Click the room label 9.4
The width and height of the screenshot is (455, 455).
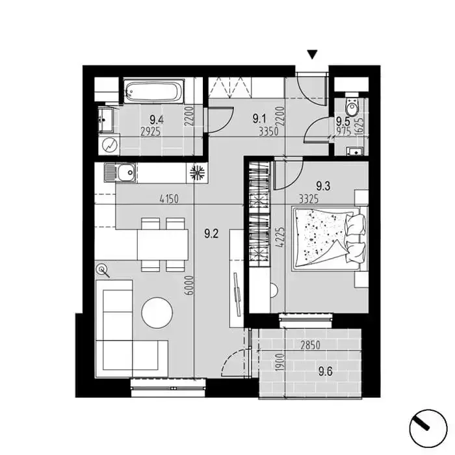157,120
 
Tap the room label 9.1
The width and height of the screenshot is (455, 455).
259,119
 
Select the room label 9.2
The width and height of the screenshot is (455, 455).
211,233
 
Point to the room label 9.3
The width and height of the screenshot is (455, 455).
323,186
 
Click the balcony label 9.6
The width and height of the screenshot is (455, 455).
325,371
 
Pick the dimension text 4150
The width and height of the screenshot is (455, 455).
169,200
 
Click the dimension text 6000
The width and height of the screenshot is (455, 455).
189,285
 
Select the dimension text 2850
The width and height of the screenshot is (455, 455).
310,345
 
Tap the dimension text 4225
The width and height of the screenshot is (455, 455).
281,237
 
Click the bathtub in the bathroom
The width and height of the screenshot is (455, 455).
154,92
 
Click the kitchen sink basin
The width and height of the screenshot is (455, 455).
127,172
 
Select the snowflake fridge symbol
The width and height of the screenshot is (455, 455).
198,173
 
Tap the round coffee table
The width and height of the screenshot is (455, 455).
157,313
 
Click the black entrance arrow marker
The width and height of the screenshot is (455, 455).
312,55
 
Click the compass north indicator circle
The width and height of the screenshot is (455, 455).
428,428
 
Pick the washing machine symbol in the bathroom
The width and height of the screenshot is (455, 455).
110,144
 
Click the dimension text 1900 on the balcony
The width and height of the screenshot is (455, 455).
279,362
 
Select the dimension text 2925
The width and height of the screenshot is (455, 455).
150,132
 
